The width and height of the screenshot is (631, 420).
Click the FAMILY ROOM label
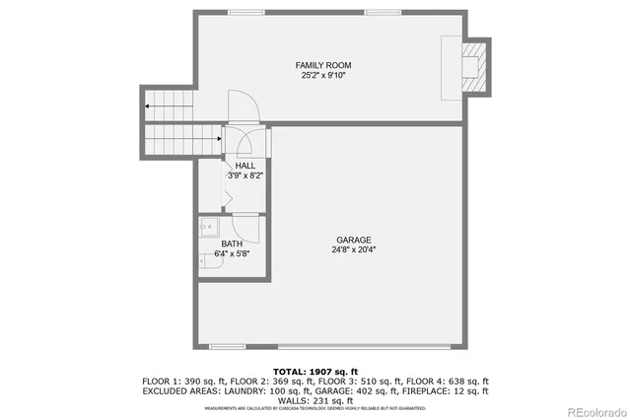point(329,64)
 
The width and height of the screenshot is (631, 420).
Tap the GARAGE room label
point(353,240)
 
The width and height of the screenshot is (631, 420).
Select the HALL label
point(245,166)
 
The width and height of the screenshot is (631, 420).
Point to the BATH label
point(232,244)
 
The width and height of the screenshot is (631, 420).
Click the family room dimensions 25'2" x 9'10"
point(329,75)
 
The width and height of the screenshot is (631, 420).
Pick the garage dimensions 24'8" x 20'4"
point(353,249)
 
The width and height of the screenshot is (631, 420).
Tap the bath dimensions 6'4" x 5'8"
point(232,253)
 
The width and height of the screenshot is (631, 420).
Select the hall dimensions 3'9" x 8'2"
point(245,175)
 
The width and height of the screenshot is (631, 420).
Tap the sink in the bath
point(208,228)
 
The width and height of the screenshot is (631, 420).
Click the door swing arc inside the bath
point(248,228)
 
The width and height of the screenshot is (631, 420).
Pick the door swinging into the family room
point(243,106)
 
